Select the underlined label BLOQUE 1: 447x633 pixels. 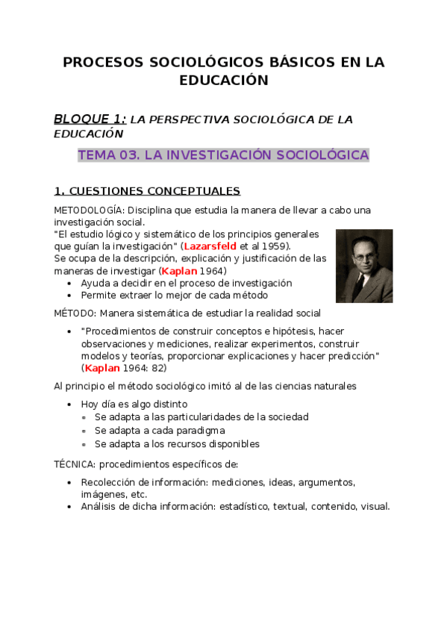click(x=90, y=119)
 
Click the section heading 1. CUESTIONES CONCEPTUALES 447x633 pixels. click(x=147, y=191)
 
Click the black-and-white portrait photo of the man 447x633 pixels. click(x=363, y=266)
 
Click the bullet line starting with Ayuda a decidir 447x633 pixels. click(x=186, y=283)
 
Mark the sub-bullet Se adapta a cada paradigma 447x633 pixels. click(x=160, y=431)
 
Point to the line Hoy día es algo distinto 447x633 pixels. click(x=140, y=404)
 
